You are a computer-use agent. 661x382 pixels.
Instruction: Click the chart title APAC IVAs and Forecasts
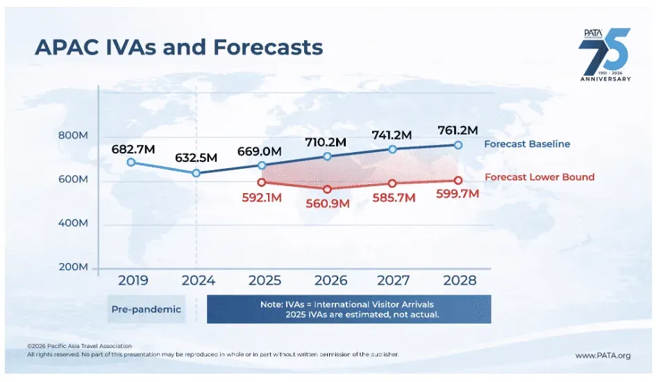tap(179, 47)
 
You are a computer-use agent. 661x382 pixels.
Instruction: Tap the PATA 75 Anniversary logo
tap(605, 56)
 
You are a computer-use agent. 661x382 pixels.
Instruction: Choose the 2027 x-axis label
tap(392, 281)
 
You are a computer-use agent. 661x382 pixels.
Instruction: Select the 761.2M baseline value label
tap(458, 130)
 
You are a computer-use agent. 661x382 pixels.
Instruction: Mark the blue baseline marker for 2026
tap(327, 156)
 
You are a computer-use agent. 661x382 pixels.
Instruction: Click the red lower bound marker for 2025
tap(261, 182)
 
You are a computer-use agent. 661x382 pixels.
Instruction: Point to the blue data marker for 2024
tap(197, 173)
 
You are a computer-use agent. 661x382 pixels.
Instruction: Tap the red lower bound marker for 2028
tap(458, 181)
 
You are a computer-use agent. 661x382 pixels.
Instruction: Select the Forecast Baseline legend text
tap(527, 144)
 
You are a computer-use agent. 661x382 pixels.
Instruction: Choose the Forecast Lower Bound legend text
tap(539, 177)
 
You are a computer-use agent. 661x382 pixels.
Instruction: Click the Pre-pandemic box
tap(147, 310)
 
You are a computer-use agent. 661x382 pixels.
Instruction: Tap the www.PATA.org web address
tap(603, 356)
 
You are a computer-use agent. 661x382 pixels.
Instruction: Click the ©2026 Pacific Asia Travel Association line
tap(79, 346)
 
